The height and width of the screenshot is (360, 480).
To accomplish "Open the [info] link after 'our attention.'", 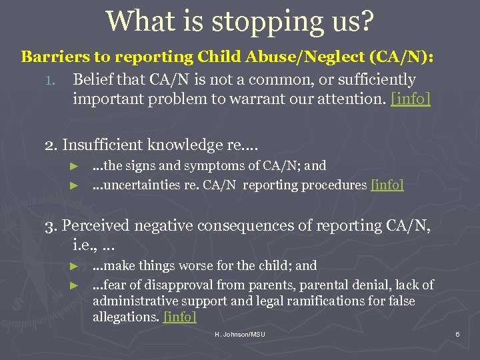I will pos(411,99).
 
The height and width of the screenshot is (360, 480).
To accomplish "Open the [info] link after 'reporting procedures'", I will pos(387,185).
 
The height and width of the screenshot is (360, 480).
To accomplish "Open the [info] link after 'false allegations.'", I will pos(179,317).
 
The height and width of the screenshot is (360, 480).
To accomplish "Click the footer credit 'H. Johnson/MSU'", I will pos(240,333).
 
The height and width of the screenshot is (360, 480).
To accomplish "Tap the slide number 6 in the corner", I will pos(457,333).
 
